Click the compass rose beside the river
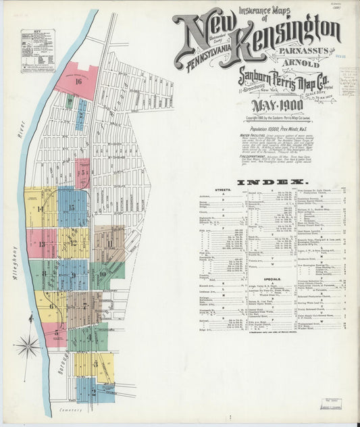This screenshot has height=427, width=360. pos(27,345)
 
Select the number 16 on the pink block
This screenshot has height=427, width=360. pos(78,82)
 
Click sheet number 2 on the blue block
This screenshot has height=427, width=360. pos(93,391)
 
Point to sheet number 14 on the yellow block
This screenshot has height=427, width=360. pos(40,209)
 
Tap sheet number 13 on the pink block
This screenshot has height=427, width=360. pos(41,244)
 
